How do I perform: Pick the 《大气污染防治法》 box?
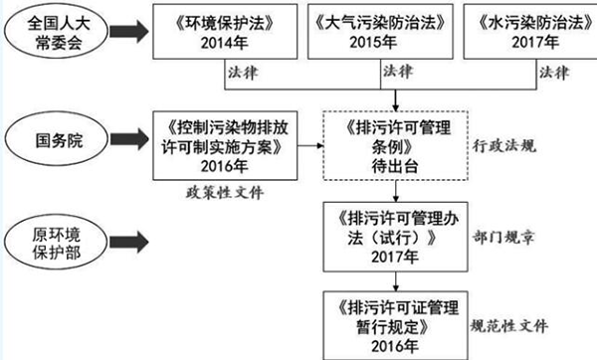click(382, 37)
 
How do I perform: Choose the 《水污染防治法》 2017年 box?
click(530, 37)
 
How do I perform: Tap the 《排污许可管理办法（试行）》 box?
click(397, 235)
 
